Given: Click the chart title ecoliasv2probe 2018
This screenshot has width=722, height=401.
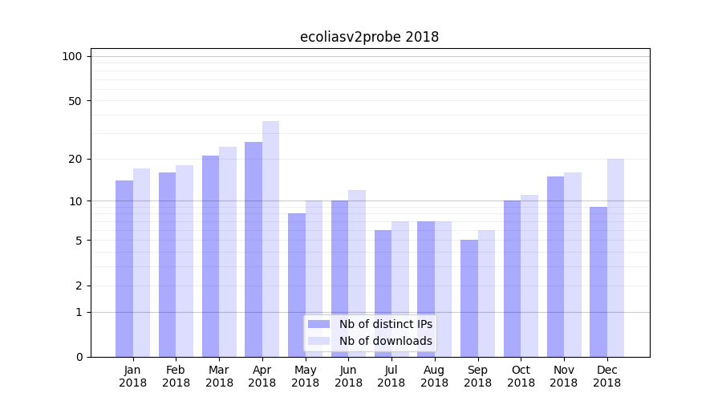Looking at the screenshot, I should pyautogui.click(x=369, y=37).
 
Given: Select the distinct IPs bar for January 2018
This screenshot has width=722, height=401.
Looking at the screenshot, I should pyautogui.click(x=124, y=269).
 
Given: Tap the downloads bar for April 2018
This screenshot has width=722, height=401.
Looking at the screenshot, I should pyautogui.click(x=270, y=239).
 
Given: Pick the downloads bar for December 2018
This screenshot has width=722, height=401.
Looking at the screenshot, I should pyautogui.click(x=615, y=257).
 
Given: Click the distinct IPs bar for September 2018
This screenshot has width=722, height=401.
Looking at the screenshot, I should pyautogui.click(x=468, y=298).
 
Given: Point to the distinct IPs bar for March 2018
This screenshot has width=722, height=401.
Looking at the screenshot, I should pyautogui.click(x=210, y=256).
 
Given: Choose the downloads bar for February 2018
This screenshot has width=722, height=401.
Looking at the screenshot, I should pyautogui.click(x=185, y=261).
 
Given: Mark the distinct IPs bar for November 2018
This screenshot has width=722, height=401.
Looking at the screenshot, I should pyautogui.click(x=555, y=266).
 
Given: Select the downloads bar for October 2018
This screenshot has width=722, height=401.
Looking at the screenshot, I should pyautogui.click(x=529, y=276).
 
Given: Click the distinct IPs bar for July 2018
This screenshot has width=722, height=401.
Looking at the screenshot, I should pyautogui.click(x=383, y=294).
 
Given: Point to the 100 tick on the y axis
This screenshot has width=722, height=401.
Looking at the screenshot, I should pyautogui.click(x=72, y=56).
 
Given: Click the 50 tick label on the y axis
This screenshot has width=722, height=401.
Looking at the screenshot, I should pyautogui.click(x=75, y=101).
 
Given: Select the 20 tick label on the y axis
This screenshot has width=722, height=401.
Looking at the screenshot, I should pyautogui.click(x=75, y=159).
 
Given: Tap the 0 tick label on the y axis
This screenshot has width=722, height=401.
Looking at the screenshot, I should pyautogui.click(x=79, y=357).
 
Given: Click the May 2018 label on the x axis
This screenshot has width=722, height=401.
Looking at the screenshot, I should pyautogui.click(x=305, y=376).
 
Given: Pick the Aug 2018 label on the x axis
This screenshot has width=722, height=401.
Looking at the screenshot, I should pyautogui.click(x=434, y=376).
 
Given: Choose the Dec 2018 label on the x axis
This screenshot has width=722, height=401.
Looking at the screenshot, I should pyautogui.click(x=606, y=376).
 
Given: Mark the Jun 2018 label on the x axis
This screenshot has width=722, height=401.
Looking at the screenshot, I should pyautogui.click(x=348, y=376).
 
